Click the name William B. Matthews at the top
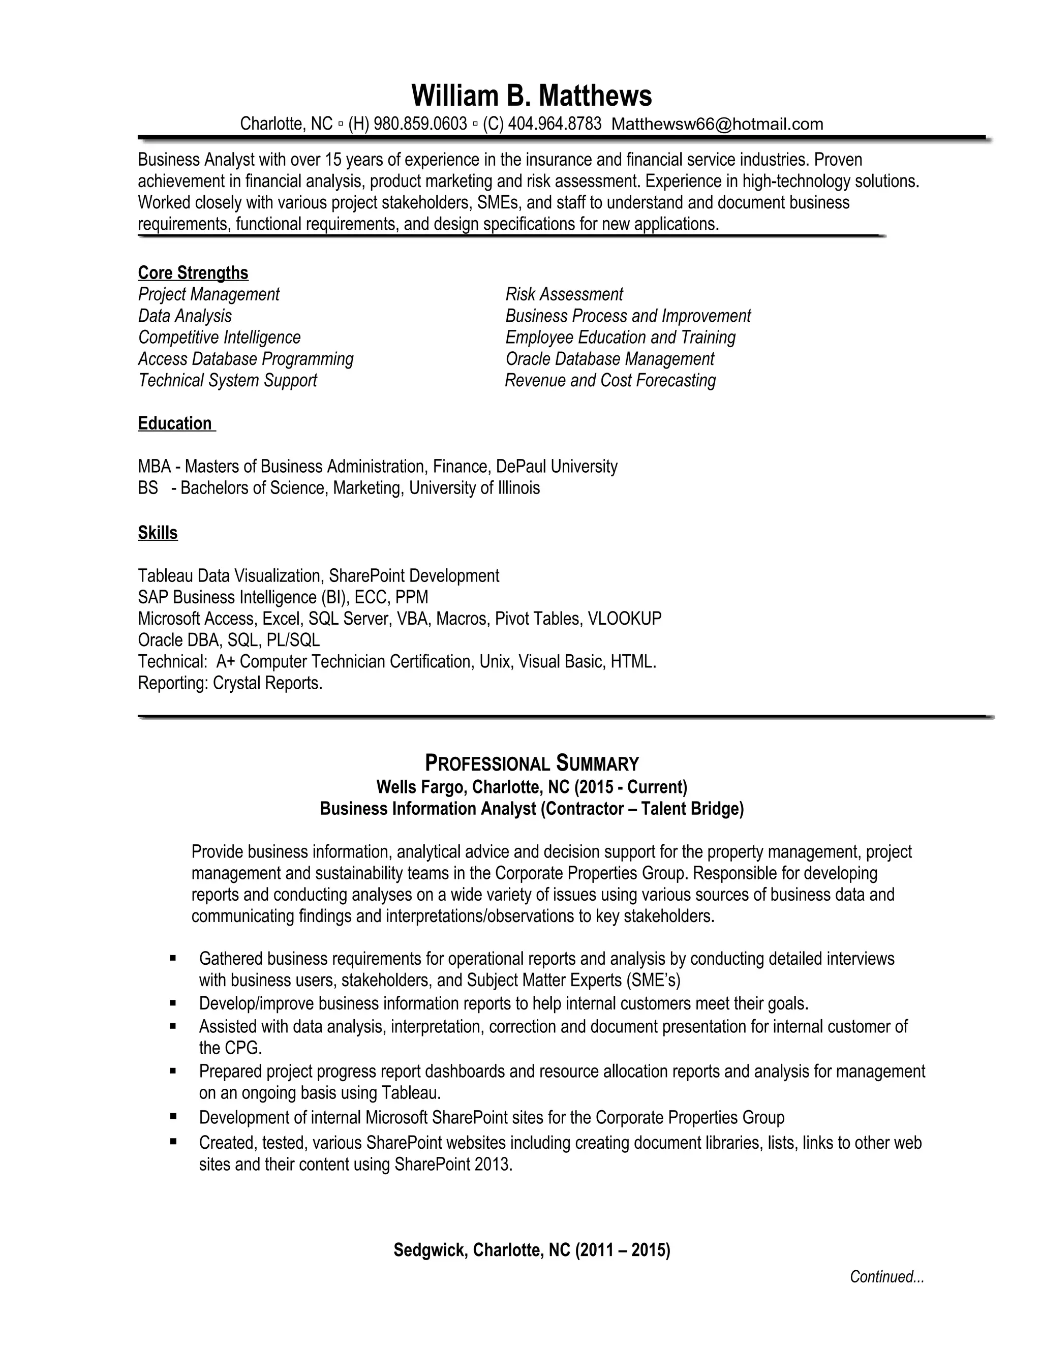(x=531, y=96)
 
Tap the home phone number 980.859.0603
(x=420, y=124)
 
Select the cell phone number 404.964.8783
(x=555, y=124)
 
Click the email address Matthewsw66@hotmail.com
(x=717, y=124)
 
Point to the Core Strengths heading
(x=193, y=272)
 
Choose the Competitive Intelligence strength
(x=220, y=338)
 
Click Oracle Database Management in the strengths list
(x=609, y=359)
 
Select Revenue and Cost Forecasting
(x=610, y=381)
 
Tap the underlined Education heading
(x=175, y=424)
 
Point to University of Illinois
(x=474, y=488)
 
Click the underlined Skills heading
(x=158, y=533)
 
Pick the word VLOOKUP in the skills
(x=624, y=619)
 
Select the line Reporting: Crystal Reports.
(x=230, y=683)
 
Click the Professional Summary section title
(x=532, y=763)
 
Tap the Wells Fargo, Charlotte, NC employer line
(x=532, y=787)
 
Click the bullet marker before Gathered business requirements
(x=173, y=959)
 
